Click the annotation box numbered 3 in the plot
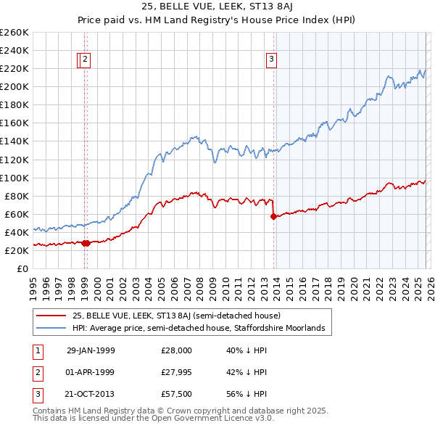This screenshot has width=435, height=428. click(x=271, y=60)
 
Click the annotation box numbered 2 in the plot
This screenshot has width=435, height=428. click(x=86, y=60)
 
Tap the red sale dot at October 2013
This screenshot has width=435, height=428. click(x=273, y=216)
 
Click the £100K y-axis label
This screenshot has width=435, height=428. click(x=14, y=178)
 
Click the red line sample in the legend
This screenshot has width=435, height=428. click(x=51, y=316)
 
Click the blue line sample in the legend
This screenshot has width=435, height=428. click(x=51, y=329)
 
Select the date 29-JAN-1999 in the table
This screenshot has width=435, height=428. click(x=91, y=350)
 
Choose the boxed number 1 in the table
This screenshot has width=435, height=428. click(x=36, y=350)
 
